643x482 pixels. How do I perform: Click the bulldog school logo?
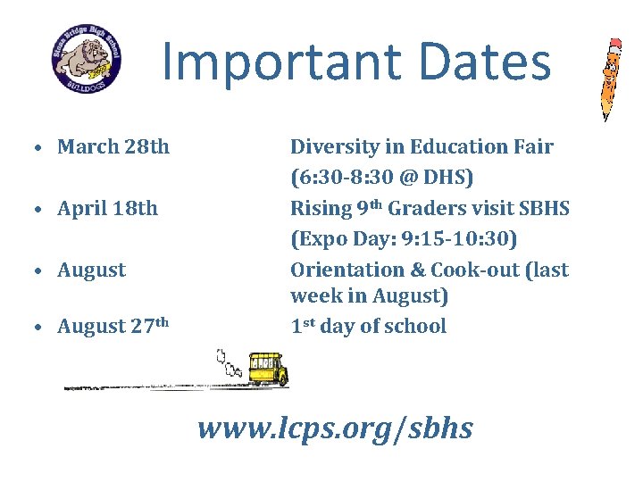pyautogui.click(x=87, y=61)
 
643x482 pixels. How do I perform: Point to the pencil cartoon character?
pyautogui.click(x=611, y=79)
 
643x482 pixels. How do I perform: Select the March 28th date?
pyautogui.click(x=113, y=146)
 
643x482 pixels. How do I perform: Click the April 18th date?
pyautogui.click(x=107, y=209)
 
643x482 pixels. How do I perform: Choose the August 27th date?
pyautogui.click(x=113, y=327)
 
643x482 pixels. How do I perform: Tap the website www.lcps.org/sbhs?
pyautogui.click(x=335, y=428)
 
